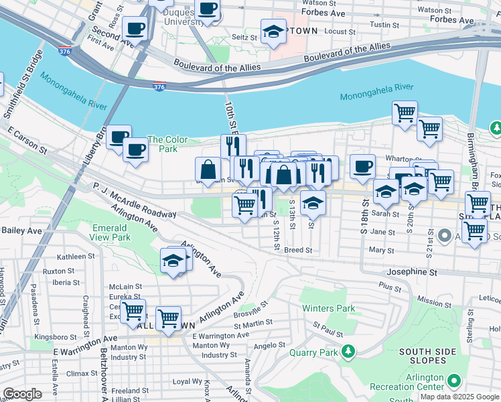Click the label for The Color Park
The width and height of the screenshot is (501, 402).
tap(167, 144)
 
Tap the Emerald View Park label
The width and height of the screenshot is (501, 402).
tap(111, 232)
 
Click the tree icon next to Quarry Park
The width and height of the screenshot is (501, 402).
tap(348, 351)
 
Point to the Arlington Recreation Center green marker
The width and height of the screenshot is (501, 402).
tap(454, 381)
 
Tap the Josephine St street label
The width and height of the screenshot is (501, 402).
tap(411, 273)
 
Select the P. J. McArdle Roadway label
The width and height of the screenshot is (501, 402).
tap(135, 200)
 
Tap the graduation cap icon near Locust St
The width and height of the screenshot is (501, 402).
tap(273, 31)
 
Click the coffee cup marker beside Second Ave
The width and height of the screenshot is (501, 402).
tap(135, 29)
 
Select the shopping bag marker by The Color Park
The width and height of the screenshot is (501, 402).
tap(208, 170)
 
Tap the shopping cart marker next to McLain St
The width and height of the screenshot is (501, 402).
tap(133, 311)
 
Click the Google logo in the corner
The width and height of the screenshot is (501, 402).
tap(22, 394)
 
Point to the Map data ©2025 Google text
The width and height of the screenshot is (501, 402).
tap(459, 397)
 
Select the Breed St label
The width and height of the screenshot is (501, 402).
tap(298, 250)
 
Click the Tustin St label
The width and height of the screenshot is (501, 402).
tap(386, 25)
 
